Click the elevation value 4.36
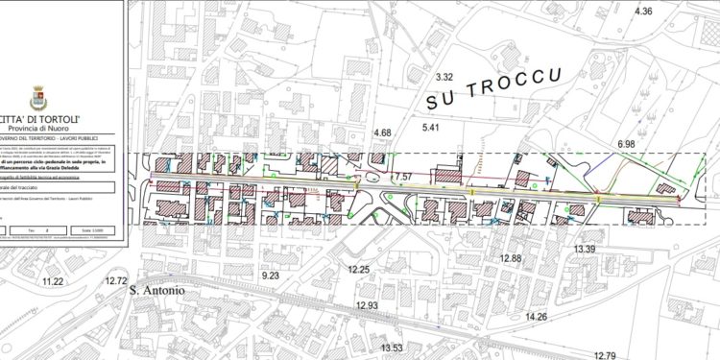pyautogui.click(x=642, y=12)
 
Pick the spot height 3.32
pyautogui.click(x=444, y=76)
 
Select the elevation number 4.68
pyautogui.click(x=382, y=132)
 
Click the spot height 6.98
pyautogui.click(x=627, y=144)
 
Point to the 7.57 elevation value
pyautogui.click(x=402, y=177)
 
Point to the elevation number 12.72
pyautogui.click(x=116, y=281)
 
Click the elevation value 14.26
pyautogui.click(x=536, y=317)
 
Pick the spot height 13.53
pyautogui.click(x=392, y=348)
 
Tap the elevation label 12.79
pyautogui.click(x=605, y=355)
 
